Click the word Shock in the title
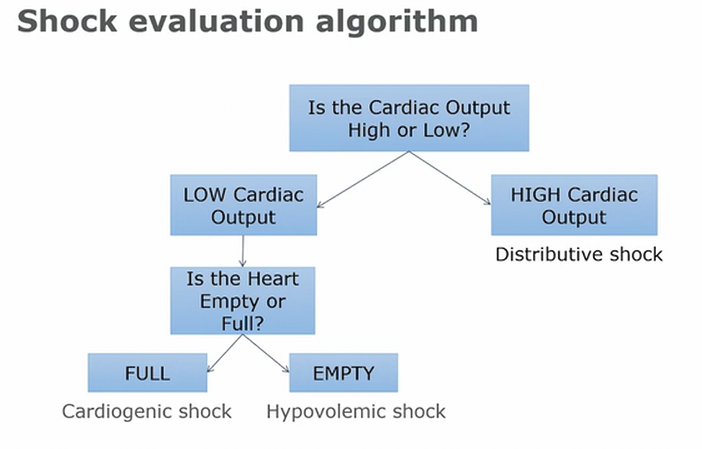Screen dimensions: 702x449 coord(67,21)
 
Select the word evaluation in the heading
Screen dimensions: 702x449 coord(216,21)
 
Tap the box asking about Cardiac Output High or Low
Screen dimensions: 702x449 coord(409,118)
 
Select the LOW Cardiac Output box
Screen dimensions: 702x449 coord(243,205)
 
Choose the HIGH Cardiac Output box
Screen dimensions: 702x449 coord(574,205)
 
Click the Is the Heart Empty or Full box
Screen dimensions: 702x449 coord(243,300)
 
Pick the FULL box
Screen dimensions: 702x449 coord(147,373)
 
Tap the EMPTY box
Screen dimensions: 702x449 coord(343,373)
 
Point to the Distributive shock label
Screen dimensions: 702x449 coord(579,254)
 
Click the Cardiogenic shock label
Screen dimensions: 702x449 coord(147,412)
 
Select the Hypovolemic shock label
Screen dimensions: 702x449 coord(356,412)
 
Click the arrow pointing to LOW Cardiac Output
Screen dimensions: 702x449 coord(363,179)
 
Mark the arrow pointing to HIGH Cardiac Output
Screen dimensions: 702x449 coord(450,178)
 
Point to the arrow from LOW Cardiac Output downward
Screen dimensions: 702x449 coord(243,251)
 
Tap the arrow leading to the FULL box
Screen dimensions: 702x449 coord(225,353)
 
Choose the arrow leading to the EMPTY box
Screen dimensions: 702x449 coord(266,353)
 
